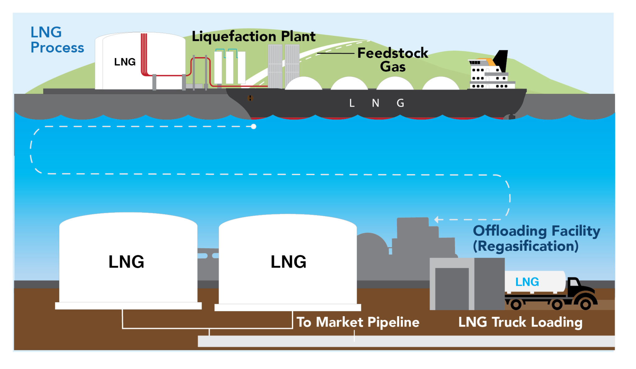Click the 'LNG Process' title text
(57, 40)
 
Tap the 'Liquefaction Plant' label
(253, 36)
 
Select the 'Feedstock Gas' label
(393, 60)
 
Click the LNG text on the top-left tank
(125, 62)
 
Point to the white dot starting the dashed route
(254, 127)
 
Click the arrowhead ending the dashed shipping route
(436, 219)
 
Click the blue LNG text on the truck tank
(527, 282)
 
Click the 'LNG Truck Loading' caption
(520, 322)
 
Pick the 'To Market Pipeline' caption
(358, 322)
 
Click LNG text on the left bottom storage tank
(126, 262)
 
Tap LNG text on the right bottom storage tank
(288, 262)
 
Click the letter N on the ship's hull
(375, 103)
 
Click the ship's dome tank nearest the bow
(303, 84)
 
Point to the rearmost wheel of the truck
(516, 304)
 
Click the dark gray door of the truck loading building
(452, 289)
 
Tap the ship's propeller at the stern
(510, 117)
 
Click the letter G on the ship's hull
(400, 103)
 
